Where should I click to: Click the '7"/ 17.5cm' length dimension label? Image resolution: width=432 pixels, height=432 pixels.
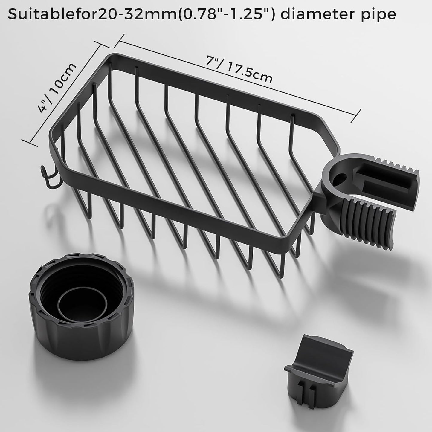[239, 69]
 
